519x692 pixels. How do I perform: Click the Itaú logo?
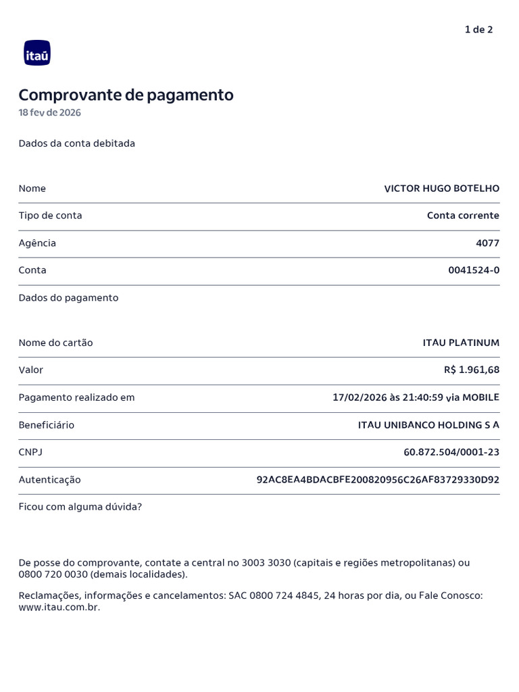coord(37,53)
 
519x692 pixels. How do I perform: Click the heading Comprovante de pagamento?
coord(126,95)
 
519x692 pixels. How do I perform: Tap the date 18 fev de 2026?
coord(49,113)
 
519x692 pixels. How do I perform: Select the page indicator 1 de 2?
coord(478,30)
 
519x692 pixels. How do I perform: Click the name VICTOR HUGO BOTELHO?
coord(441,189)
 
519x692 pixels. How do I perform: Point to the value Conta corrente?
coord(463,216)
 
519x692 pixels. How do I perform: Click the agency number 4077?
coord(487,243)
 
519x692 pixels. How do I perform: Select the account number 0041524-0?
coord(474,270)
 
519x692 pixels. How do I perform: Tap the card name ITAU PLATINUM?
coord(461,343)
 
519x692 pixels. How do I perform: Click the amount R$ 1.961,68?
coord(472,370)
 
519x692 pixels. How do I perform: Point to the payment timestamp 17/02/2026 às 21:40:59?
coord(388,397)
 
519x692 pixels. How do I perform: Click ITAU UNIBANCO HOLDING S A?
coord(428,425)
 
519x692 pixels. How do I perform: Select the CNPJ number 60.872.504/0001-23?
coord(451,452)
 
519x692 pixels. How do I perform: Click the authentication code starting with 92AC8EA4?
coord(378,480)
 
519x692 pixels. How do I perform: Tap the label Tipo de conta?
coord(51,216)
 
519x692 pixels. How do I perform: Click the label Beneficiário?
coord(47,425)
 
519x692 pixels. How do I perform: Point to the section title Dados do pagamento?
coord(68,298)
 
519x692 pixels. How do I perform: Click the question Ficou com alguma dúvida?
coord(80,507)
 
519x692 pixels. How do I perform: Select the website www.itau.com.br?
coord(59,608)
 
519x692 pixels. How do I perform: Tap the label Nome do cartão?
coord(56,343)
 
